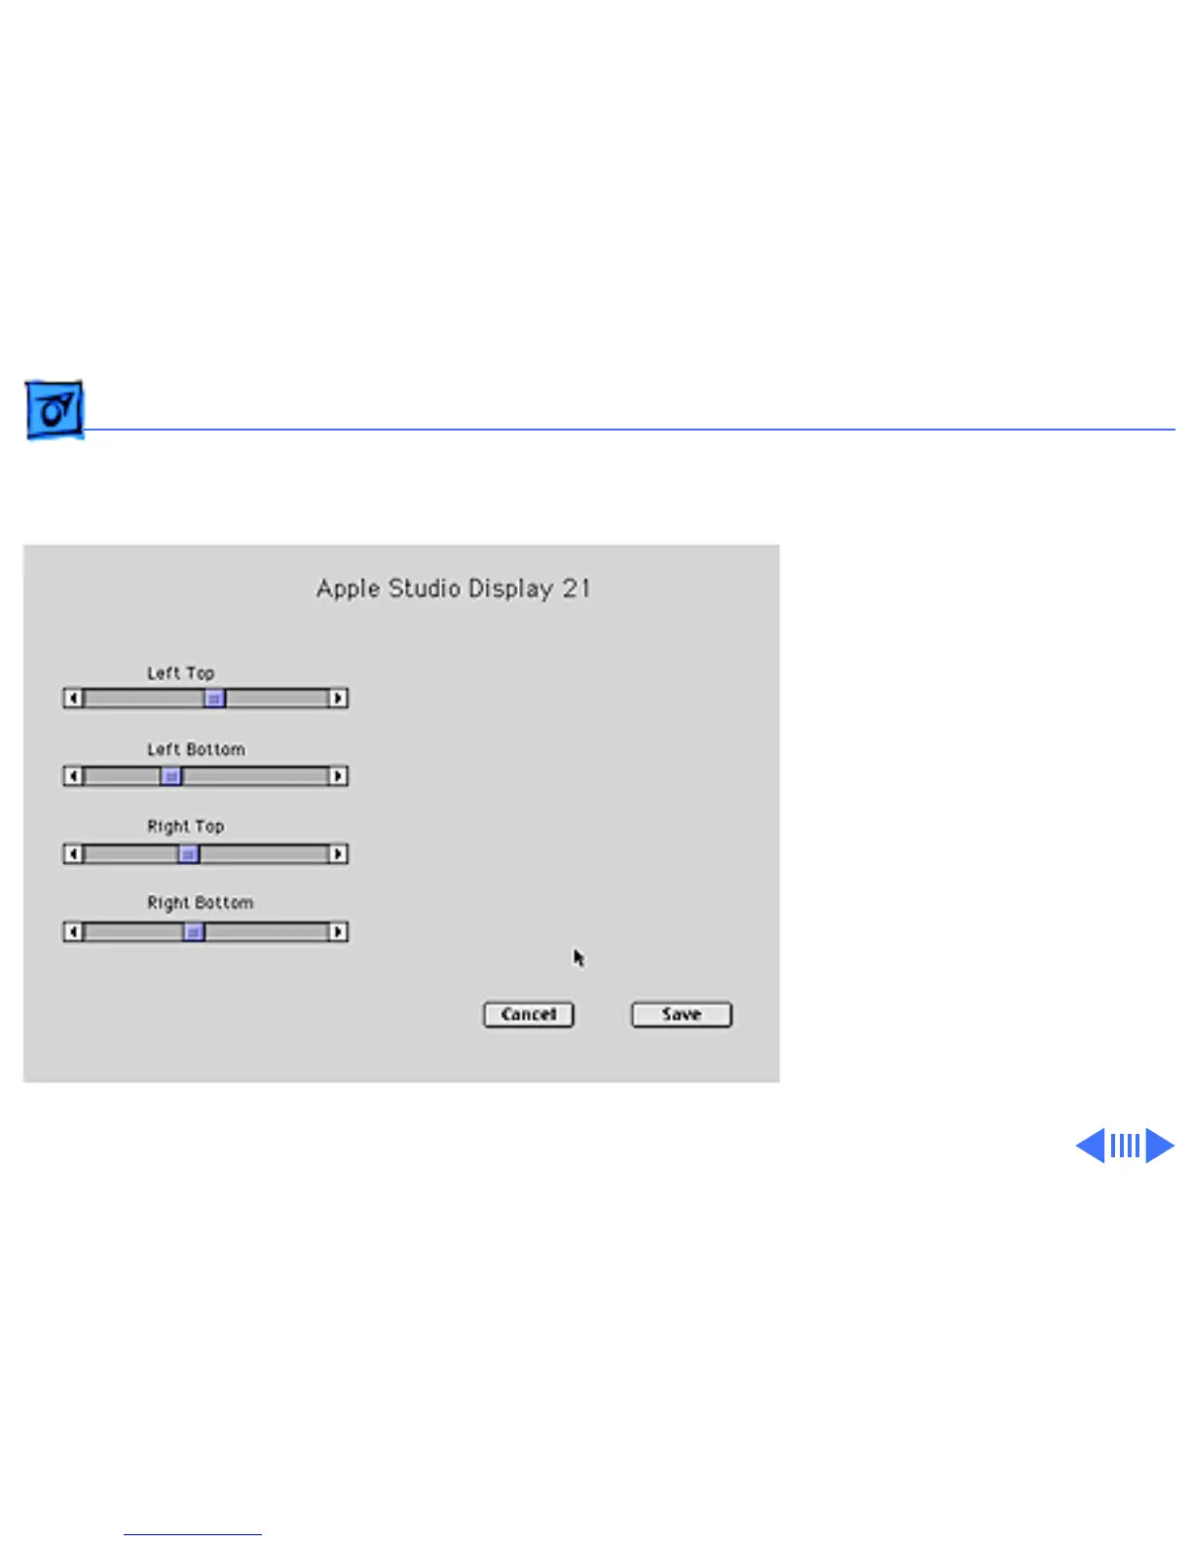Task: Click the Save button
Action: point(681,1014)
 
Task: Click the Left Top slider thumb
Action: point(214,698)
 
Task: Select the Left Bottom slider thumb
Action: point(170,776)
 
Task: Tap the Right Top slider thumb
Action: point(188,854)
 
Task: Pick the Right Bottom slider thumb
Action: point(194,931)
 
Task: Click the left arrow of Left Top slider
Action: point(73,698)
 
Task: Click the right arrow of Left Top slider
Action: point(338,698)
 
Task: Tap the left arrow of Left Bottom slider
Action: point(73,776)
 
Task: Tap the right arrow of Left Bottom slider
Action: point(338,776)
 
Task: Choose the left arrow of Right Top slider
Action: point(73,854)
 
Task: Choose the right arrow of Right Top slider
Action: point(338,854)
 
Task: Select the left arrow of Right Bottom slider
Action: point(73,931)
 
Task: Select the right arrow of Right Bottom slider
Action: point(338,931)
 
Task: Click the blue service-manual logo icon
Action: point(55,410)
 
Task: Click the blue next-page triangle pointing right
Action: point(1159,1146)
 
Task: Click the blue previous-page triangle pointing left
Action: point(1091,1146)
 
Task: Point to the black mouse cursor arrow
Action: point(578,958)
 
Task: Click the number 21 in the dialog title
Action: point(576,588)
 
